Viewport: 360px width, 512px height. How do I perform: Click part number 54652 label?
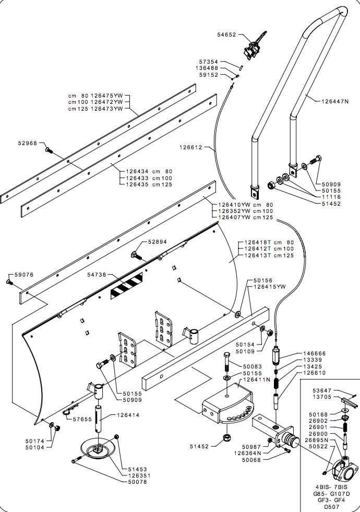pos(226,34)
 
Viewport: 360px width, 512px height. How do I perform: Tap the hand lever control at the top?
pos(254,46)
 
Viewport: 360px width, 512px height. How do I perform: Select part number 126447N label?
pos(335,101)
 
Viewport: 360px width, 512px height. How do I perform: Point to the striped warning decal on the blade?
pos(127,284)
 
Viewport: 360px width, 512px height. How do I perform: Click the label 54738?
pos(97,275)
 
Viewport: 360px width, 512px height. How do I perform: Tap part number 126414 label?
pos(128,415)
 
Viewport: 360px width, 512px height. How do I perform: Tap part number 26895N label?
pos(318,440)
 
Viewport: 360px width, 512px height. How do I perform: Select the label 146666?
pos(314,354)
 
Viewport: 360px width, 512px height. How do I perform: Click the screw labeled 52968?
pos(49,150)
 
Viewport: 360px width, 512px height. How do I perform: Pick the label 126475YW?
pos(107,96)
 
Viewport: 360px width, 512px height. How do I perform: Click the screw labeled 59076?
pos(9,281)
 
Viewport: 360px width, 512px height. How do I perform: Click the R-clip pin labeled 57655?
pos(70,411)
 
